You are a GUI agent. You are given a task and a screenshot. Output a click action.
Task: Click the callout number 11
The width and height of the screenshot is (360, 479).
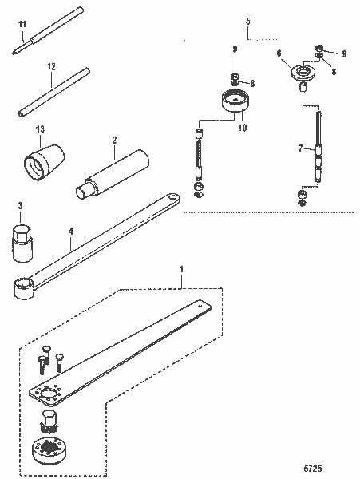pyautogui.click(x=21, y=25)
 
